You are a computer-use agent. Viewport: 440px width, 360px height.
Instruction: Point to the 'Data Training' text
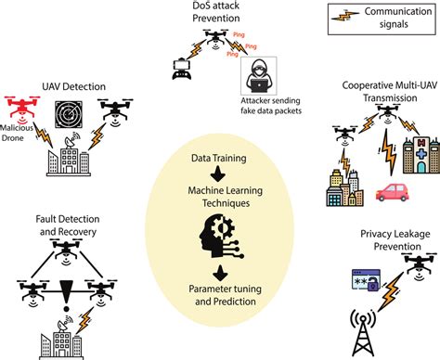(x=219, y=159)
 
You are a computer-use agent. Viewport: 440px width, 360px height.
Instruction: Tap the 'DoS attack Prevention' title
(x=219, y=15)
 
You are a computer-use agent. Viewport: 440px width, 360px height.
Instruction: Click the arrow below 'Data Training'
(x=218, y=174)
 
